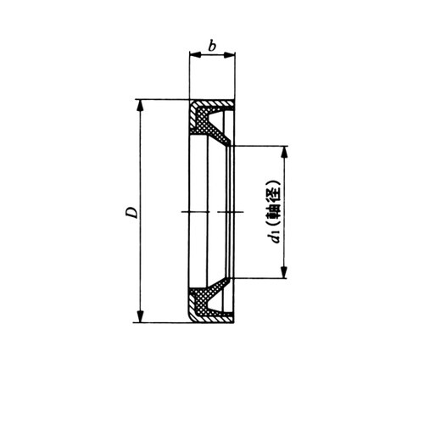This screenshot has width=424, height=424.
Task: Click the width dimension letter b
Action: [212, 46]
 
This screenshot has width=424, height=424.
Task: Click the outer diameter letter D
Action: [131, 212]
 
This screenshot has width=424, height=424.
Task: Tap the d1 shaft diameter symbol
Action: [275, 237]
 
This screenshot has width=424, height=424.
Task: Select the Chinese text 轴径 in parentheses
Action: [275, 204]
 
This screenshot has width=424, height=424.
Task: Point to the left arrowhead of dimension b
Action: [195, 55]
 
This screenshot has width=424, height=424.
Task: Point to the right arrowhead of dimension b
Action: [229, 55]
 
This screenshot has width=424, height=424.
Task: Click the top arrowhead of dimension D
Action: [140, 105]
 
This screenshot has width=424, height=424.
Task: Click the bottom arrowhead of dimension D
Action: [140, 316]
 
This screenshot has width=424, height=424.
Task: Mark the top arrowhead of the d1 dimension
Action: [285, 152]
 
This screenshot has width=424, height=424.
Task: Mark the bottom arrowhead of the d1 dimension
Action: [285, 272]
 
